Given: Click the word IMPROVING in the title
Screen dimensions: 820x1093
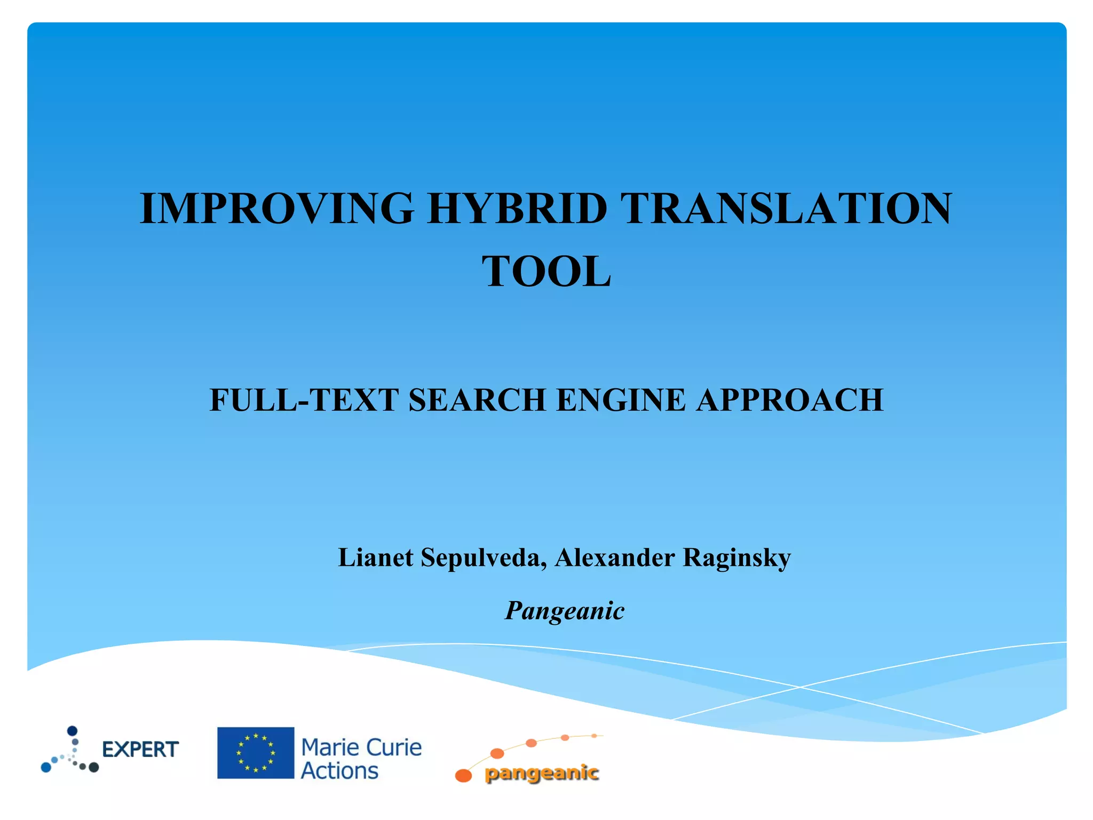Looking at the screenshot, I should (x=276, y=208).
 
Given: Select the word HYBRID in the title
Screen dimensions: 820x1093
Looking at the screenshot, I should (x=517, y=208).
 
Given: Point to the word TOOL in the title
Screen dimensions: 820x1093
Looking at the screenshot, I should (x=546, y=272).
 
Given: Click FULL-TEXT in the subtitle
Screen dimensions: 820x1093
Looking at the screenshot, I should (x=304, y=400).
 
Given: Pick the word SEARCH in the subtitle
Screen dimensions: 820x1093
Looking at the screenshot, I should (x=477, y=400).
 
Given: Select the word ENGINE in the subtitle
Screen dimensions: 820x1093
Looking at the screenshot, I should (x=621, y=400).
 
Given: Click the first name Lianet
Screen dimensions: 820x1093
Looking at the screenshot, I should (x=376, y=558).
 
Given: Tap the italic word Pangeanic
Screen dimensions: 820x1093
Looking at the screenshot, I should (x=565, y=611).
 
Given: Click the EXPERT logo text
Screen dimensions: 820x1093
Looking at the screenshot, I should (x=140, y=750).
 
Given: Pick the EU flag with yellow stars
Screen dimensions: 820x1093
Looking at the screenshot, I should (x=256, y=753).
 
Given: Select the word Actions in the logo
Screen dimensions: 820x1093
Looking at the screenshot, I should (x=339, y=771).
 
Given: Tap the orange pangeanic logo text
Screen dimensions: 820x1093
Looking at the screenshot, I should (x=541, y=773).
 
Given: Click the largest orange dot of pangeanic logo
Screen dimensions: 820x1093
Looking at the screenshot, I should (x=463, y=775).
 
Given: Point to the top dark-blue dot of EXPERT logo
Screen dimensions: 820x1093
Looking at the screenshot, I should (x=73, y=731).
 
